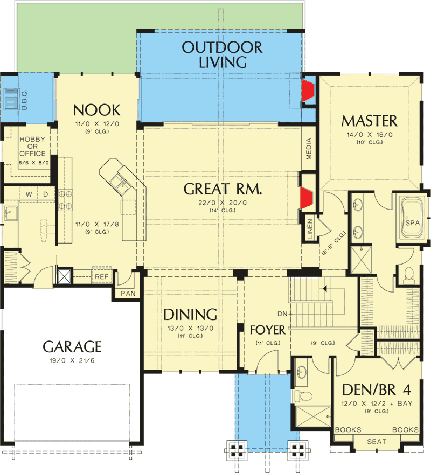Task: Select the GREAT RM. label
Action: pyautogui.click(x=223, y=190)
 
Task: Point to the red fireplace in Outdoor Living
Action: pyautogui.click(x=308, y=91)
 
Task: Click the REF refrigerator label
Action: pyautogui.click(x=101, y=276)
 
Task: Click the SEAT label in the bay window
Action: pyautogui.click(x=377, y=442)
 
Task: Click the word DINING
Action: pyautogui.click(x=190, y=315)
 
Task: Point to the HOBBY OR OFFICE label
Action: pyautogui.click(x=32, y=146)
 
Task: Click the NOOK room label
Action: pyautogui.click(x=96, y=110)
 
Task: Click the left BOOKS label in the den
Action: pyautogui.click(x=347, y=430)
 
